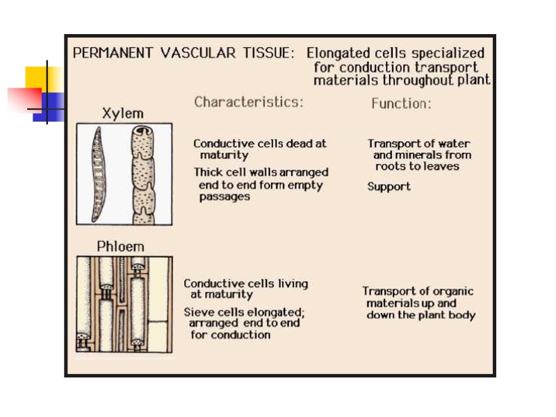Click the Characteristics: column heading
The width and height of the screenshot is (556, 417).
coord(249,102)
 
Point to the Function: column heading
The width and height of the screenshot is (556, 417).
coord(401,104)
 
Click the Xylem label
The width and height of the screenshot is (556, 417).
coord(123,113)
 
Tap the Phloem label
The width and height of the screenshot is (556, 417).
coord(120,246)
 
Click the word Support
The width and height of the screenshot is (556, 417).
coord(389,186)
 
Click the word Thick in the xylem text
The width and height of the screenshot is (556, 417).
coord(208,172)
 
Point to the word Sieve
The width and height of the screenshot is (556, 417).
coord(199,312)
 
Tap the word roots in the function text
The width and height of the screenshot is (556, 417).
coord(391,166)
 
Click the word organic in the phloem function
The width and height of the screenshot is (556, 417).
coord(451,291)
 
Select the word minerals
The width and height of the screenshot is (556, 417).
coord(420,155)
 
